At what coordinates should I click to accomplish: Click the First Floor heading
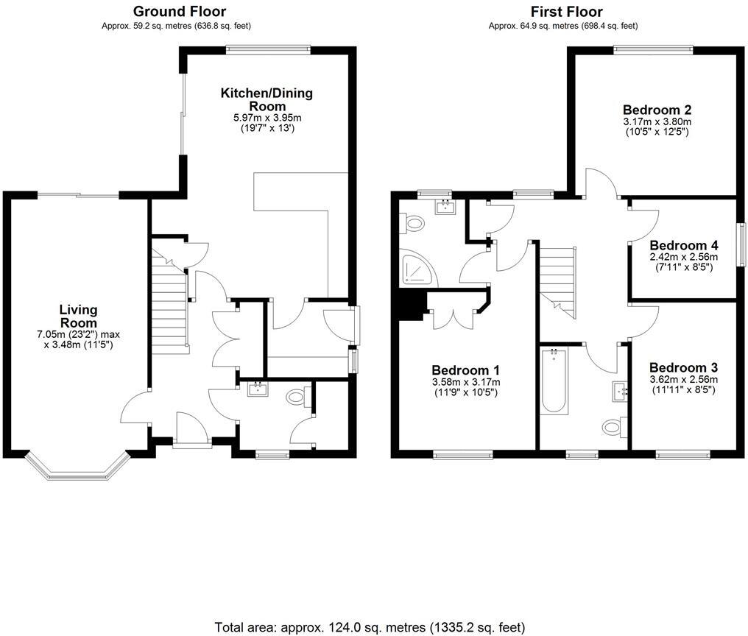pos(566,11)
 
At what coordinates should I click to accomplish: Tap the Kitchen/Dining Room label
pos(267,99)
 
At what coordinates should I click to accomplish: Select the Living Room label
pos(78,317)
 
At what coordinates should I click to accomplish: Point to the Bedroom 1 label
pos(465,370)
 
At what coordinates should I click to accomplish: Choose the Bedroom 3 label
pos(683,367)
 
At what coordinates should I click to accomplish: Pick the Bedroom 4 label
pos(684,245)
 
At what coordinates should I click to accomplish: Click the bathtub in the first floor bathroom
pos(553,383)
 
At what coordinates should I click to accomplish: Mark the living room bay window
pos(78,468)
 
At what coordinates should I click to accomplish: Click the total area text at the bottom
pos(370,627)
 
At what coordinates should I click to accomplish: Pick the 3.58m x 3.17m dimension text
pos(465,382)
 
